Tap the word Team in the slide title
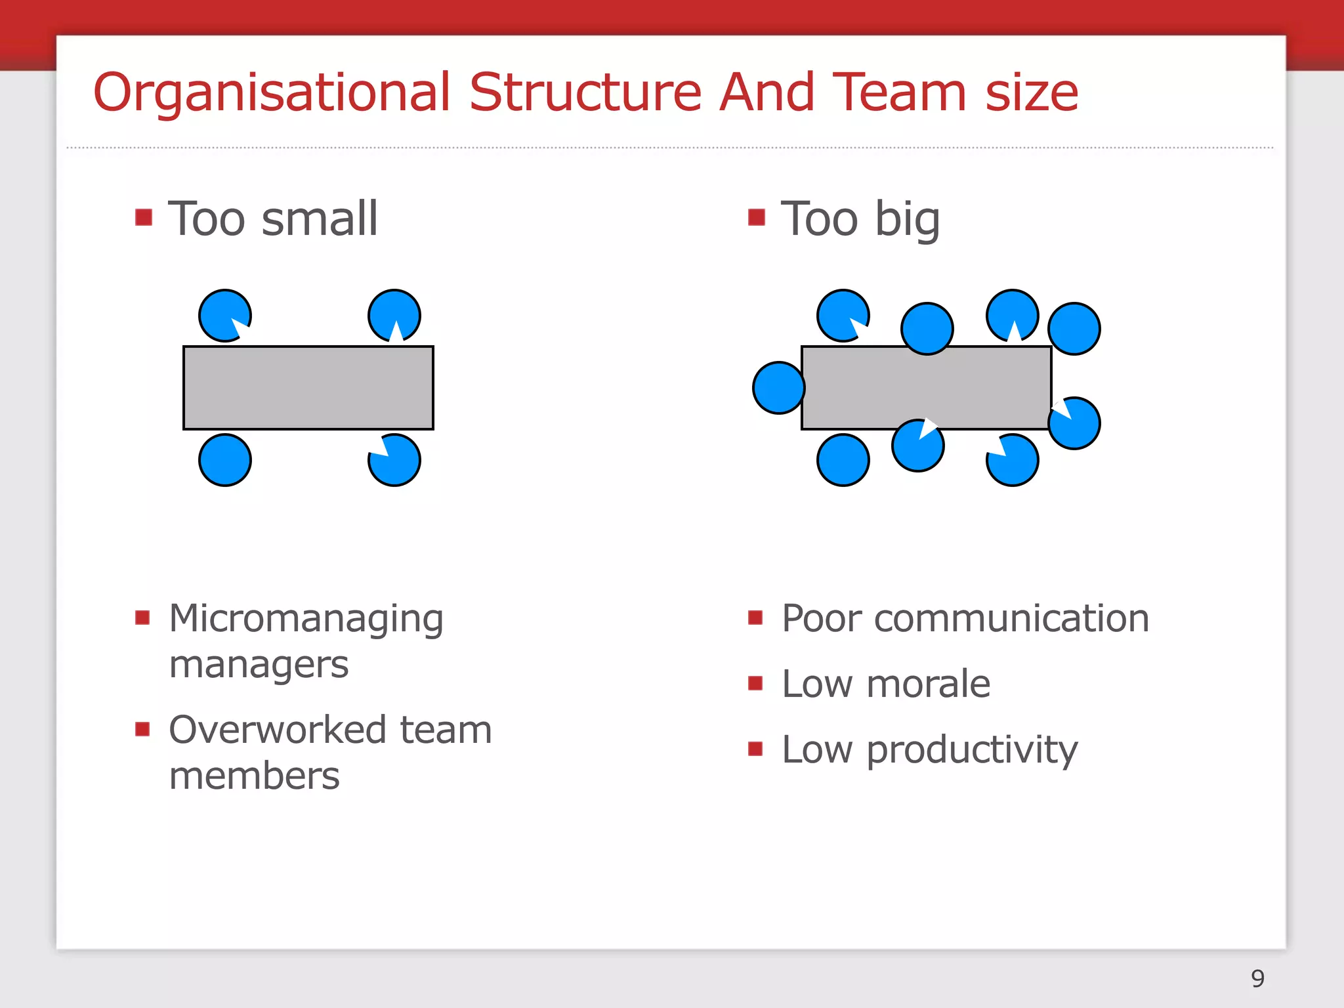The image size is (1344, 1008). click(x=899, y=92)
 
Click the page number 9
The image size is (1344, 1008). click(x=1257, y=978)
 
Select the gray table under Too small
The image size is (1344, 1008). click(x=308, y=388)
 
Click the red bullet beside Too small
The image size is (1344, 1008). click(x=144, y=217)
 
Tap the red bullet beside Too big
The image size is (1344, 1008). click(x=756, y=217)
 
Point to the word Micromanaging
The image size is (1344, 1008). click(x=306, y=619)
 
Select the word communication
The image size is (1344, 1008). click(x=1011, y=618)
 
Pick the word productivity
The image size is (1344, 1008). click(x=972, y=751)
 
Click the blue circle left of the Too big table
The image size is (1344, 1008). click(x=779, y=388)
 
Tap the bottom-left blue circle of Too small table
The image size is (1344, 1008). click(x=225, y=460)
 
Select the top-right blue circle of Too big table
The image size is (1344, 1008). click(x=1074, y=329)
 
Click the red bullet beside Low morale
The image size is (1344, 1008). click(x=755, y=683)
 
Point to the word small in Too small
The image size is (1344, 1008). click(x=320, y=219)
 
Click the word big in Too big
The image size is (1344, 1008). click(x=908, y=220)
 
